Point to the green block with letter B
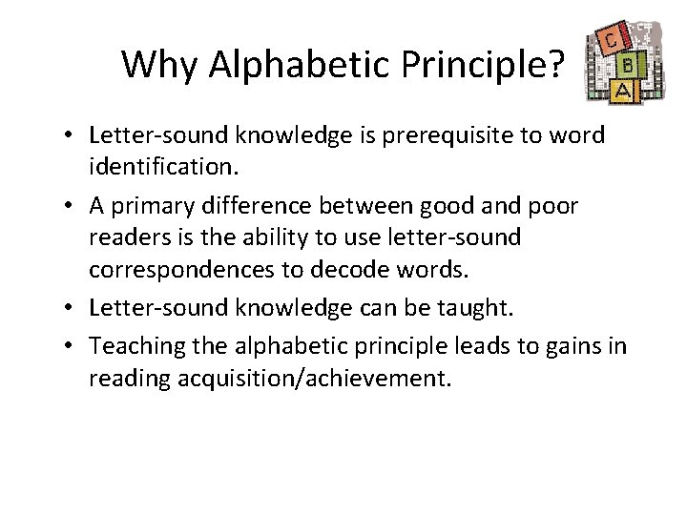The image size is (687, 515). [629, 67]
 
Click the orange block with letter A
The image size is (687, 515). [599, 89]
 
